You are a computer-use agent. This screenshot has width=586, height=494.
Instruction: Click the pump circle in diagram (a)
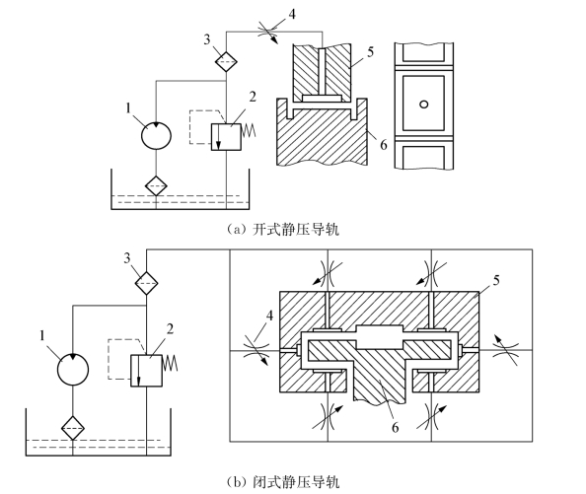point(156,135)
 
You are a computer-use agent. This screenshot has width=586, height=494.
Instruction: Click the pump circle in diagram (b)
point(73,370)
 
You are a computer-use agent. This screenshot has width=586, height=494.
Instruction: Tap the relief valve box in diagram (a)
point(226,137)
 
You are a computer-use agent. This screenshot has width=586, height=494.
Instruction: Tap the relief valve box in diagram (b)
point(146,371)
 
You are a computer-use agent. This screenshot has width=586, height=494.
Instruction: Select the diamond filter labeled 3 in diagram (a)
point(226,61)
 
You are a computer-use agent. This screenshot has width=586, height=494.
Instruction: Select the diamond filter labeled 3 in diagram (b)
point(146,283)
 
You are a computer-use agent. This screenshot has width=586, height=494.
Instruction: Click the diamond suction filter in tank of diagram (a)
point(156,185)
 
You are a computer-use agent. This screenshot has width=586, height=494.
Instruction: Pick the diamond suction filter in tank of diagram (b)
point(73,428)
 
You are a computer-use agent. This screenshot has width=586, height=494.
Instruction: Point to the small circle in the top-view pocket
point(423,105)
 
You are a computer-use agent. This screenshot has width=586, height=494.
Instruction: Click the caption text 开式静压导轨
point(296,229)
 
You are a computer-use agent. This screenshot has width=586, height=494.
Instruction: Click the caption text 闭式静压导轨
point(296,482)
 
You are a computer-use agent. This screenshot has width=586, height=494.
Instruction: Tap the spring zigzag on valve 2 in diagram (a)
point(249,130)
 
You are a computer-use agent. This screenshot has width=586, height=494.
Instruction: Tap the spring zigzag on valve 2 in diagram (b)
point(170,363)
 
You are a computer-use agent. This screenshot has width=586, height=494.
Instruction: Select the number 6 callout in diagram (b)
point(395,427)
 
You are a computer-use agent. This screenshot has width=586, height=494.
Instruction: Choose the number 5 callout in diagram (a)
point(370,52)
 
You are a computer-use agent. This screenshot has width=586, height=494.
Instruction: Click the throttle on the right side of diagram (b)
point(505,349)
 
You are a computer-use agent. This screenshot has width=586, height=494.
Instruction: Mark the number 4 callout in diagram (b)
point(269,316)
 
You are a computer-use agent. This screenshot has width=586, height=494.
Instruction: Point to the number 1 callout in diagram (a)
point(128,108)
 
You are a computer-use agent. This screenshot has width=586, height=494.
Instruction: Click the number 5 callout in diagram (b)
point(496,280)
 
